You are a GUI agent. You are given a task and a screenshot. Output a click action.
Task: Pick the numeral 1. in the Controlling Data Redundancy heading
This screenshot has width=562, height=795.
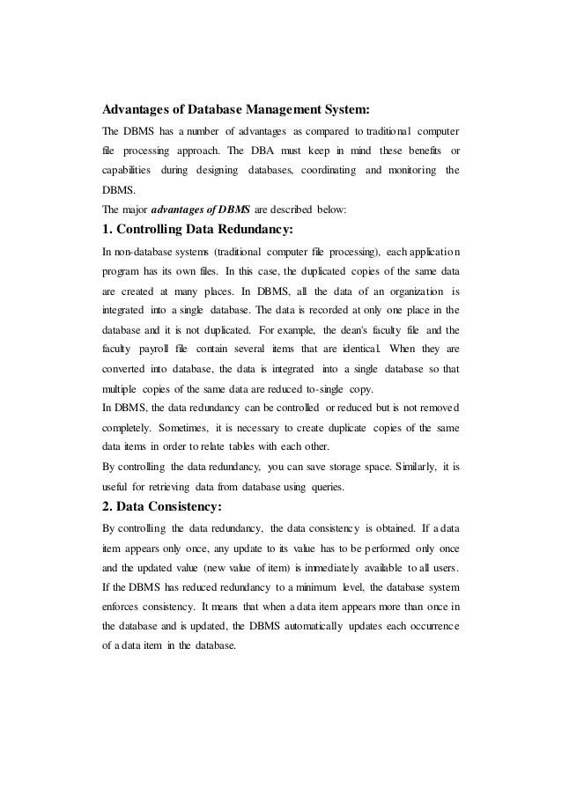(109, 231)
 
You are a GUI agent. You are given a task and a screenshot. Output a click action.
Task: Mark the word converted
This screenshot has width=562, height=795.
(128, 368)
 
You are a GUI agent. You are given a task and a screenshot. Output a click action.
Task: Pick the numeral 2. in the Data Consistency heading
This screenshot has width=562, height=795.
(110, 506)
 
